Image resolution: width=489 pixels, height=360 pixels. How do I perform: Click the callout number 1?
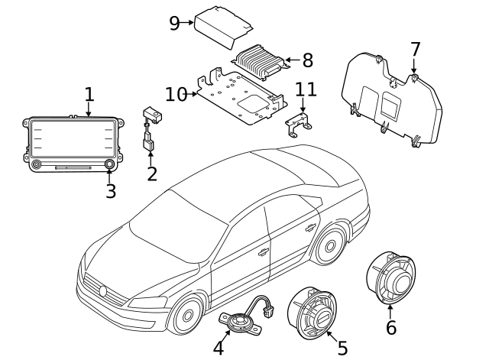tap(89, 95)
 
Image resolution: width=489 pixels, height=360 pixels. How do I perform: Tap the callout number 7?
tap(415, 50)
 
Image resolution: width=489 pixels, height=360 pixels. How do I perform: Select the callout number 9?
tap(174, 22)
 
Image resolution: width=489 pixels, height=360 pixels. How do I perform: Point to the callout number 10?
tap(175, 94)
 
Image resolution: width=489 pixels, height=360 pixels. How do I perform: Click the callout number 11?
tap(306, 89)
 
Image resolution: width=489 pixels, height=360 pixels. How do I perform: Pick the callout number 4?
tap(219, 348)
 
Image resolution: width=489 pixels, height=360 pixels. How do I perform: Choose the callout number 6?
tap(390, 327)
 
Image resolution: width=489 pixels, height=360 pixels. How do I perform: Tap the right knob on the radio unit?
tap(110, 164)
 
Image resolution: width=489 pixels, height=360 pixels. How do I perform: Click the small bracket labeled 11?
tap(300, 124)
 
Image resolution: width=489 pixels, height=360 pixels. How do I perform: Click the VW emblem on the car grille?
tap(103, 290)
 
